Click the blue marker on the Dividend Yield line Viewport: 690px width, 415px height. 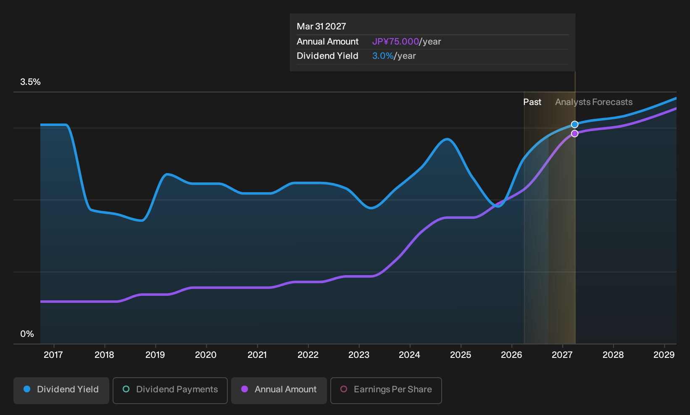574,124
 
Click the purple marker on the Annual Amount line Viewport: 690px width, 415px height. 574,134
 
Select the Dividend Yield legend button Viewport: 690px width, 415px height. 61,390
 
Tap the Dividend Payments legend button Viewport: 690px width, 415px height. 170,390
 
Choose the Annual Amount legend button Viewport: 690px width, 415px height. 279,390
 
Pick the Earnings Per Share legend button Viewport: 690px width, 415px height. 386,390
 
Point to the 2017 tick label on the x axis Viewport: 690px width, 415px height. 53,355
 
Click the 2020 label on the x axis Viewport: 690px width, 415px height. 206,355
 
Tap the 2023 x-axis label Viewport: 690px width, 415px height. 359,355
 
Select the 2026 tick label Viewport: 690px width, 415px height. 511,355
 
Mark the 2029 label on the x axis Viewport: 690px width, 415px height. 664,355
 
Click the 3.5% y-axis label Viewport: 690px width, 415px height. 30,82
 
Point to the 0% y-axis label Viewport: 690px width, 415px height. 27,334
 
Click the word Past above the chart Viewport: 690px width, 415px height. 532,102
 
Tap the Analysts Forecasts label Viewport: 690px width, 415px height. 594,102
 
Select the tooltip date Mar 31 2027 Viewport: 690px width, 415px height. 321,26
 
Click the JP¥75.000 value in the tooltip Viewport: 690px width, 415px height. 395,42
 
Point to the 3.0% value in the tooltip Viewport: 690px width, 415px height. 383,56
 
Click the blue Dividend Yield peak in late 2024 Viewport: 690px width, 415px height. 447,139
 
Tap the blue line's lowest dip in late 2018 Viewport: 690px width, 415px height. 141,221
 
